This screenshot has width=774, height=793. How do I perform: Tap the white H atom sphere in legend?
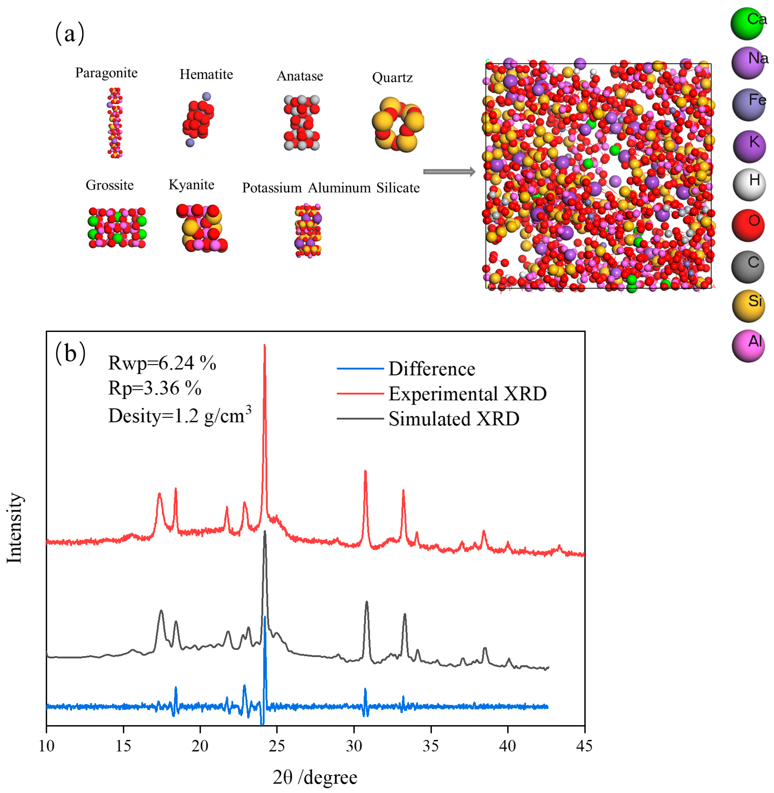coord(749,185)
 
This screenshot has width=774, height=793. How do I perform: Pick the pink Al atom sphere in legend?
coord(748,346)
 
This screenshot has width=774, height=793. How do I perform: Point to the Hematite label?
coord(206,74)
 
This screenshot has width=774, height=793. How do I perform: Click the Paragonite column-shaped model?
coord(115,122)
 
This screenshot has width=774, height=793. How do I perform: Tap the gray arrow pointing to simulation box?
coord(449,172)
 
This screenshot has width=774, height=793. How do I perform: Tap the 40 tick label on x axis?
coord(507,746)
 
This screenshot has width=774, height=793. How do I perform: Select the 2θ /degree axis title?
coord(315,777)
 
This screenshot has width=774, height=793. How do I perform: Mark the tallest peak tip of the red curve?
coord(265,345)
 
